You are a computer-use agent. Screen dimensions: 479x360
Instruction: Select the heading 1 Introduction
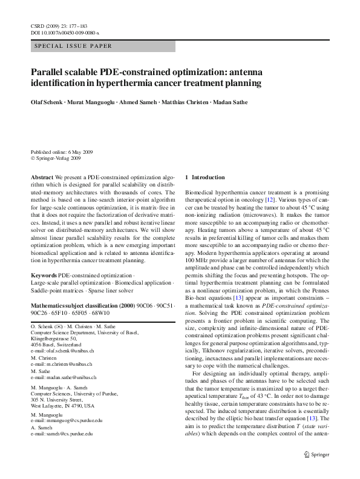pos(208,177)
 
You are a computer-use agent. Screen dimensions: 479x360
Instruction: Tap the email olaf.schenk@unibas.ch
pos(67,351)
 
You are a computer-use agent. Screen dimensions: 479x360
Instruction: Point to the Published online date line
pos(57,152)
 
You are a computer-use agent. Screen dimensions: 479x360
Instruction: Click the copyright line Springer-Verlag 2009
pos(58,158)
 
